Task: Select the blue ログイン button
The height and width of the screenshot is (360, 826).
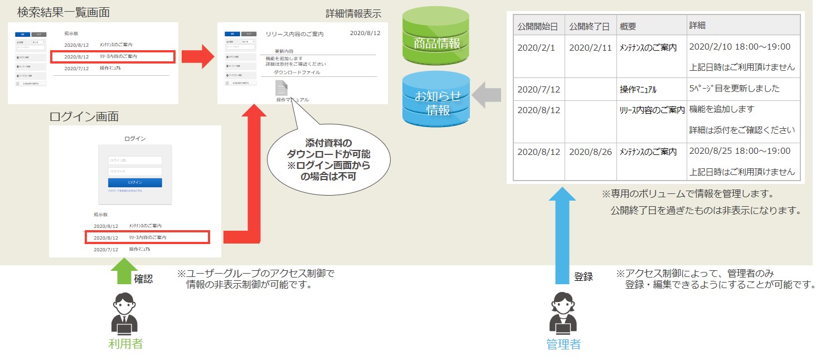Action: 135,182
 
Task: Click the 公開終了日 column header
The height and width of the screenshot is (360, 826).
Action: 590,26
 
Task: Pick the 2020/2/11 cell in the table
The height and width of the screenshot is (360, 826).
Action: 590,48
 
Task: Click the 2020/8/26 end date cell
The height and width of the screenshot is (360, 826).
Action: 590,152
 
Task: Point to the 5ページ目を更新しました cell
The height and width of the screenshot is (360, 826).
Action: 734,89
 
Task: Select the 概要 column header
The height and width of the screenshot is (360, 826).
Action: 628,26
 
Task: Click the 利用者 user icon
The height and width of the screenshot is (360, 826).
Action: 125,314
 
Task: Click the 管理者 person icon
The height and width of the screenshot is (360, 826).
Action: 563,314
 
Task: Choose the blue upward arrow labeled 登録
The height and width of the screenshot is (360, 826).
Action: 563,234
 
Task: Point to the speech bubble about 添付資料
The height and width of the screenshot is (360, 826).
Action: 328,159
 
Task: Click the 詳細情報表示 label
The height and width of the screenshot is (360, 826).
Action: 353,14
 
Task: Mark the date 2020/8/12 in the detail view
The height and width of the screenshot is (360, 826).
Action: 365,33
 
